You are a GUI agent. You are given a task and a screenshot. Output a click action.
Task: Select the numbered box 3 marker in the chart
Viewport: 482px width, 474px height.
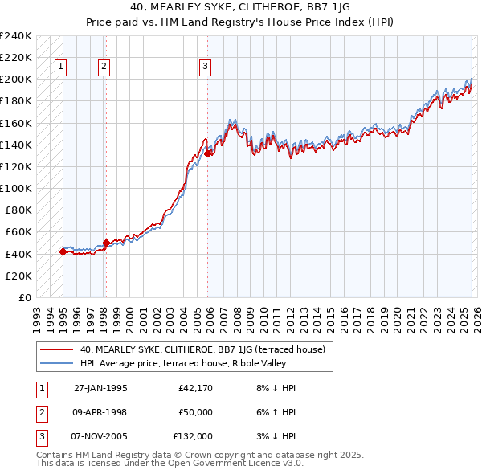206,67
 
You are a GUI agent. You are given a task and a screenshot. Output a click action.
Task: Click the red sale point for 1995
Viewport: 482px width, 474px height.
63,251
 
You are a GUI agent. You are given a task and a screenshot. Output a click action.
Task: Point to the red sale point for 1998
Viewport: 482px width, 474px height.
106,243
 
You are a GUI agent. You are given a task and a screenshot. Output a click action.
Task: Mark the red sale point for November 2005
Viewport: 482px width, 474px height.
207,153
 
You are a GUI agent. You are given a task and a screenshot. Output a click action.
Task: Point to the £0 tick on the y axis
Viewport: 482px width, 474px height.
24,297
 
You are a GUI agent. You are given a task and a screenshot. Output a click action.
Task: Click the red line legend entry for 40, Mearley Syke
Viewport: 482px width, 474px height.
202,349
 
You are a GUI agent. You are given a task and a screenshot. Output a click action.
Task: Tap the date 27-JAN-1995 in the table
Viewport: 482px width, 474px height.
100,388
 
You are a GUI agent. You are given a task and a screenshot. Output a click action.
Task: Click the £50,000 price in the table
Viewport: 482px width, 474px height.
195,412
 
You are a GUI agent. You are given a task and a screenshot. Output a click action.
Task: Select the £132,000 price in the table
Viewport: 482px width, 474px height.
193,436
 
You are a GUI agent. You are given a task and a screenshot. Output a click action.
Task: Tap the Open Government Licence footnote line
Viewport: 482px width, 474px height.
170,464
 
